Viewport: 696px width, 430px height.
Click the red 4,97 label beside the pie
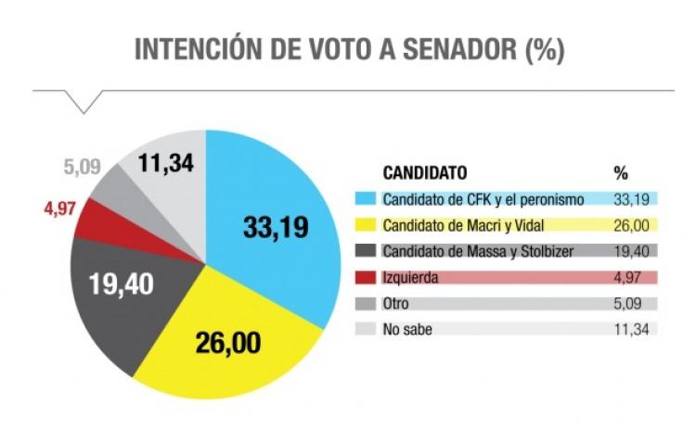(59, 209)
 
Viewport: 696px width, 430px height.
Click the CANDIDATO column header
(425, 173)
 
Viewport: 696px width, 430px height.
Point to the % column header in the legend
(621, 173)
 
